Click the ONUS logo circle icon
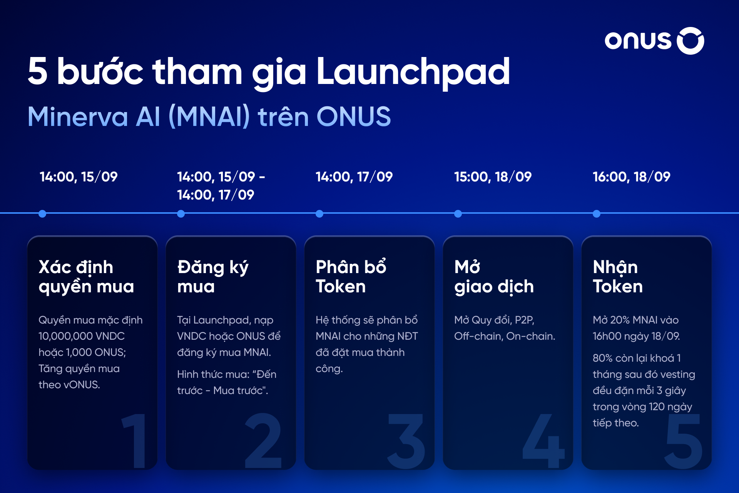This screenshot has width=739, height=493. [691, 41]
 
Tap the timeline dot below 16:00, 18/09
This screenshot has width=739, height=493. [597, 214]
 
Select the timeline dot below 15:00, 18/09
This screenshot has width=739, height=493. [458, 214]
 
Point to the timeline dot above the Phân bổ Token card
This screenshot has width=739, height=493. [319, 214]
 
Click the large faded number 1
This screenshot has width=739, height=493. [135, 441]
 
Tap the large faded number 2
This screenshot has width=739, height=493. [263, 441]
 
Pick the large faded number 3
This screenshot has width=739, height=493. [406, 441]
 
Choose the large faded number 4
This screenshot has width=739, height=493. [543, 441]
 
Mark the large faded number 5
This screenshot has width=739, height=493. [684, 441]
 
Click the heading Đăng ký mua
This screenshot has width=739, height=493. [213, 277]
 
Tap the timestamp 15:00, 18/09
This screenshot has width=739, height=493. [493, 177]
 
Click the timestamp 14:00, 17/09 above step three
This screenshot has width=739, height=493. [354, 177]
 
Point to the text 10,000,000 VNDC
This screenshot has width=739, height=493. [82, 336]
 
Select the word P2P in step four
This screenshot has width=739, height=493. [525, 320]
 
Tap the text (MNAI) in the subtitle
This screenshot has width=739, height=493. [209, 117]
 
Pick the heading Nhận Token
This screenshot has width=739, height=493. [618, 277]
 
